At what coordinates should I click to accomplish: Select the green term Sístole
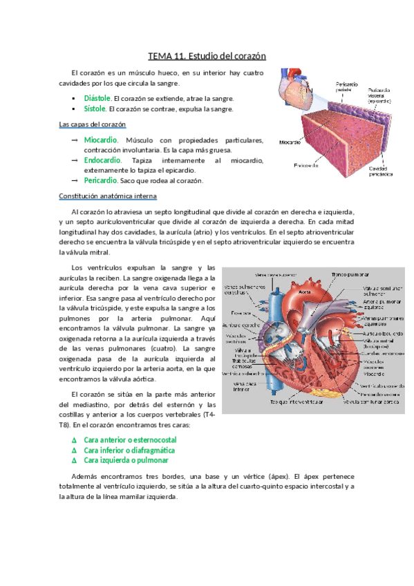(95, 108)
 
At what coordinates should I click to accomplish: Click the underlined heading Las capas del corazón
(93, 124)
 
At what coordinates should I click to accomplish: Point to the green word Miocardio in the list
(101, 140)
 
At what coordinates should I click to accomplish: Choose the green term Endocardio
(102, 160)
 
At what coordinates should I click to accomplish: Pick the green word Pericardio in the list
(101, 180)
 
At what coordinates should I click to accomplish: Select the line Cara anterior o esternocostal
(130, 439)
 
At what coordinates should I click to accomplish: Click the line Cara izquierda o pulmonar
(126, 460)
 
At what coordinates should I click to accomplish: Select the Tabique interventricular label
(297, 401)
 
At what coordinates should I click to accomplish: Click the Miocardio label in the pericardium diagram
(290, 143)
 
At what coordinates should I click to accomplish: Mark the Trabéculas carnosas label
(240, 361)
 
